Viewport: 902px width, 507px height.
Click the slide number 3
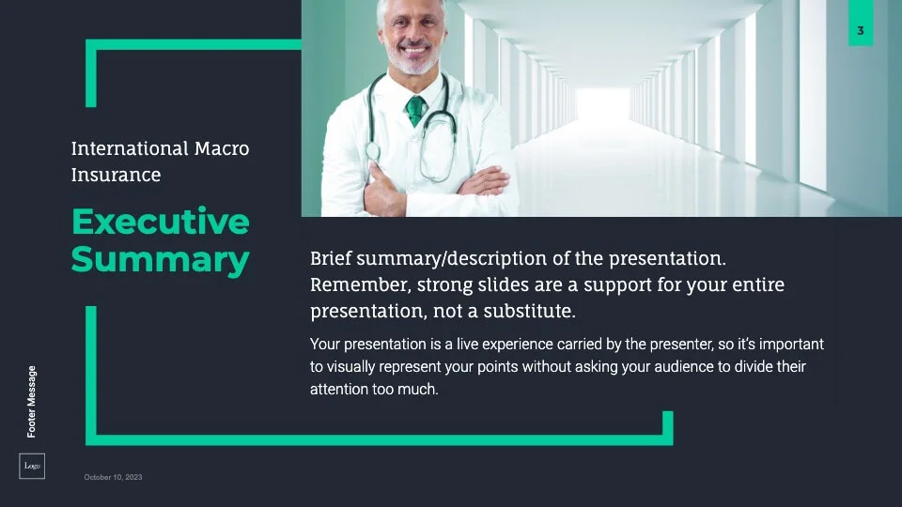(x=860, y=30)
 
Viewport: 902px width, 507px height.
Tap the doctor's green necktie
(x=415, y=111)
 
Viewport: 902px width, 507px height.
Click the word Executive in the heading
(x=161, y=222)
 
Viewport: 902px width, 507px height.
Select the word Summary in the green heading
(x=161, y=260)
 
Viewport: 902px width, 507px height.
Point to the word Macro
(x=222, y=148)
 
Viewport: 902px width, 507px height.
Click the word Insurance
(x=116, y=175)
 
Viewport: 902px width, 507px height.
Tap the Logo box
(x=32, y=467)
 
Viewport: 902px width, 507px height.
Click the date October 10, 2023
(x=113, y=477)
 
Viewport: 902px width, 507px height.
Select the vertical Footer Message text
(x=32, y=402)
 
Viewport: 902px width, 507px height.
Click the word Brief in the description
(x=331, y=258)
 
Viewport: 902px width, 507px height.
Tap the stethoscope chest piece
(x=372, y=151)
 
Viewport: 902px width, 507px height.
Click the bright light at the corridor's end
(x=603, y=104)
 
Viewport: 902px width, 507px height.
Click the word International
(x=130, y=148)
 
